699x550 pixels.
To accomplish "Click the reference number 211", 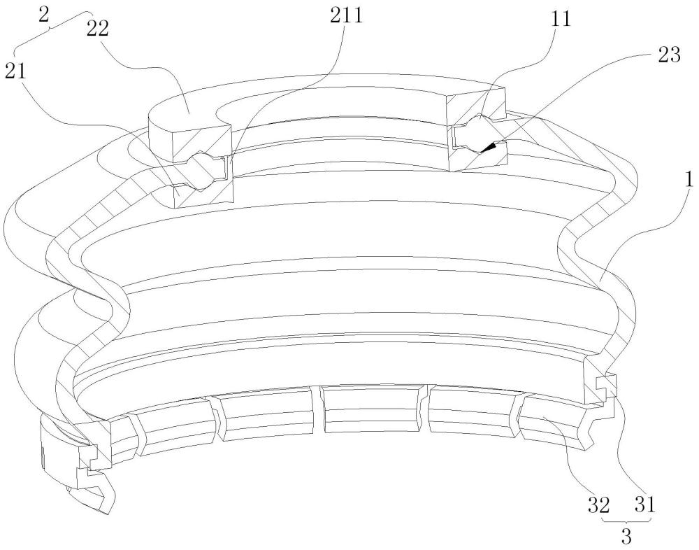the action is click(346, 16).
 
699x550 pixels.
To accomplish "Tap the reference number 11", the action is click(560, 20).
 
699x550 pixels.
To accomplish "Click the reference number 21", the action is click(15, 71).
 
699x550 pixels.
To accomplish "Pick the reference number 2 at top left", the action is click(43, 15).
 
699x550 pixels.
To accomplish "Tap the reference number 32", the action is click(598, 505).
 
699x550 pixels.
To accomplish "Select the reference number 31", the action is click(645, 505).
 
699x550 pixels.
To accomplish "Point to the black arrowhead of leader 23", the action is click(491, 147).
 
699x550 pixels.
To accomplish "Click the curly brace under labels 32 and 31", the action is click(627, 521).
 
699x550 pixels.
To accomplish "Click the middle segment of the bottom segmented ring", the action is click(373, 409).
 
